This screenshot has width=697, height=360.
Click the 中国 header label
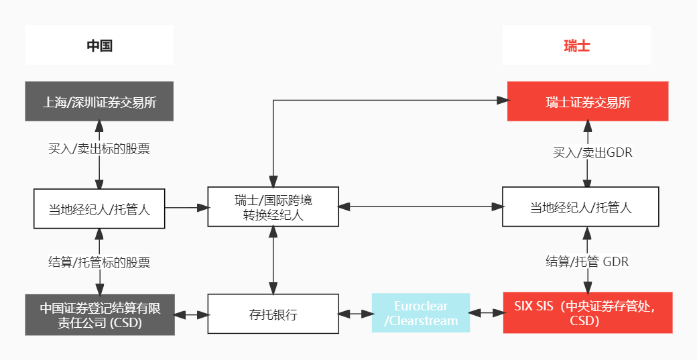99,46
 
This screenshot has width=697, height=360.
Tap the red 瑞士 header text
576,46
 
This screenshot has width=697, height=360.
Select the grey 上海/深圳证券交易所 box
99,102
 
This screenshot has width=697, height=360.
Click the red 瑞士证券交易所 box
588,102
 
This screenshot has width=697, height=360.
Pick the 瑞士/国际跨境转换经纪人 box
273,207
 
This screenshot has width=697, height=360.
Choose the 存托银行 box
273,314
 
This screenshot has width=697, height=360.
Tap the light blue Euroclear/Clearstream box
421,313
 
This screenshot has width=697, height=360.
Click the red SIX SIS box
588,313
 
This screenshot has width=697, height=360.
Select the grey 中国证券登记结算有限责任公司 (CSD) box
99,314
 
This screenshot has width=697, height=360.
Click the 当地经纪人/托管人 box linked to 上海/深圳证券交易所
99,208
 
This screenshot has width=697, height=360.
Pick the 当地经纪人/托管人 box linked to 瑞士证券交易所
580,207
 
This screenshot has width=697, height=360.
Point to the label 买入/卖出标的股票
99,149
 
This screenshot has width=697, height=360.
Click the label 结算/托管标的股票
99,262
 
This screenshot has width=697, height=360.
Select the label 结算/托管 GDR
587,261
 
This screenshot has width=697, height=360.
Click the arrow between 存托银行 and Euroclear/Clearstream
355,314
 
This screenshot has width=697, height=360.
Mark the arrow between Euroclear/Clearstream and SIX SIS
487,313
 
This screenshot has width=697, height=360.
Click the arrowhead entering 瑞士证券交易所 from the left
501,101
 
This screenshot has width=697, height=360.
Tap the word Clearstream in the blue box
424,320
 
